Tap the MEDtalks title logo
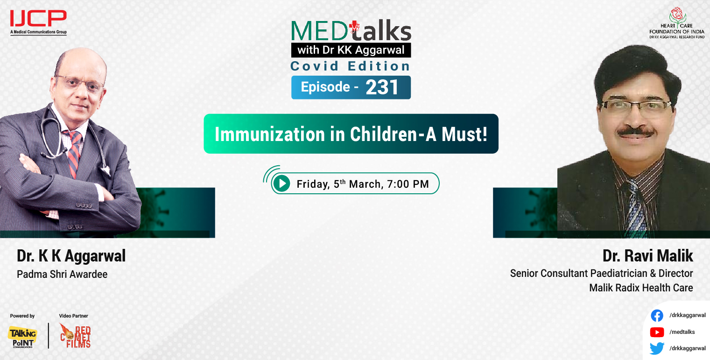(351, 31)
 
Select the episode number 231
(382, 87)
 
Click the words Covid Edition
(351, 66)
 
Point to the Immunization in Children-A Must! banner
(351, 134)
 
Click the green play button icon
(281, 184)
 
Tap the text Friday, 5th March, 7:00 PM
(362, 184)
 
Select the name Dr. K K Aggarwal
(71, 256)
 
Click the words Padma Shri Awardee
(62, 274)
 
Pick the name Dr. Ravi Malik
(647, 256)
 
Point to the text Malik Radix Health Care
(641, 288)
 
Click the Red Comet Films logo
(75, 336)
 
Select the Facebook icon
(657, 316)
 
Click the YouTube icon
(657, 332)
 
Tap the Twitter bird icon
(657, 348)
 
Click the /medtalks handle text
(682, 332)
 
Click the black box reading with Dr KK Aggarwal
(351, 49)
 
